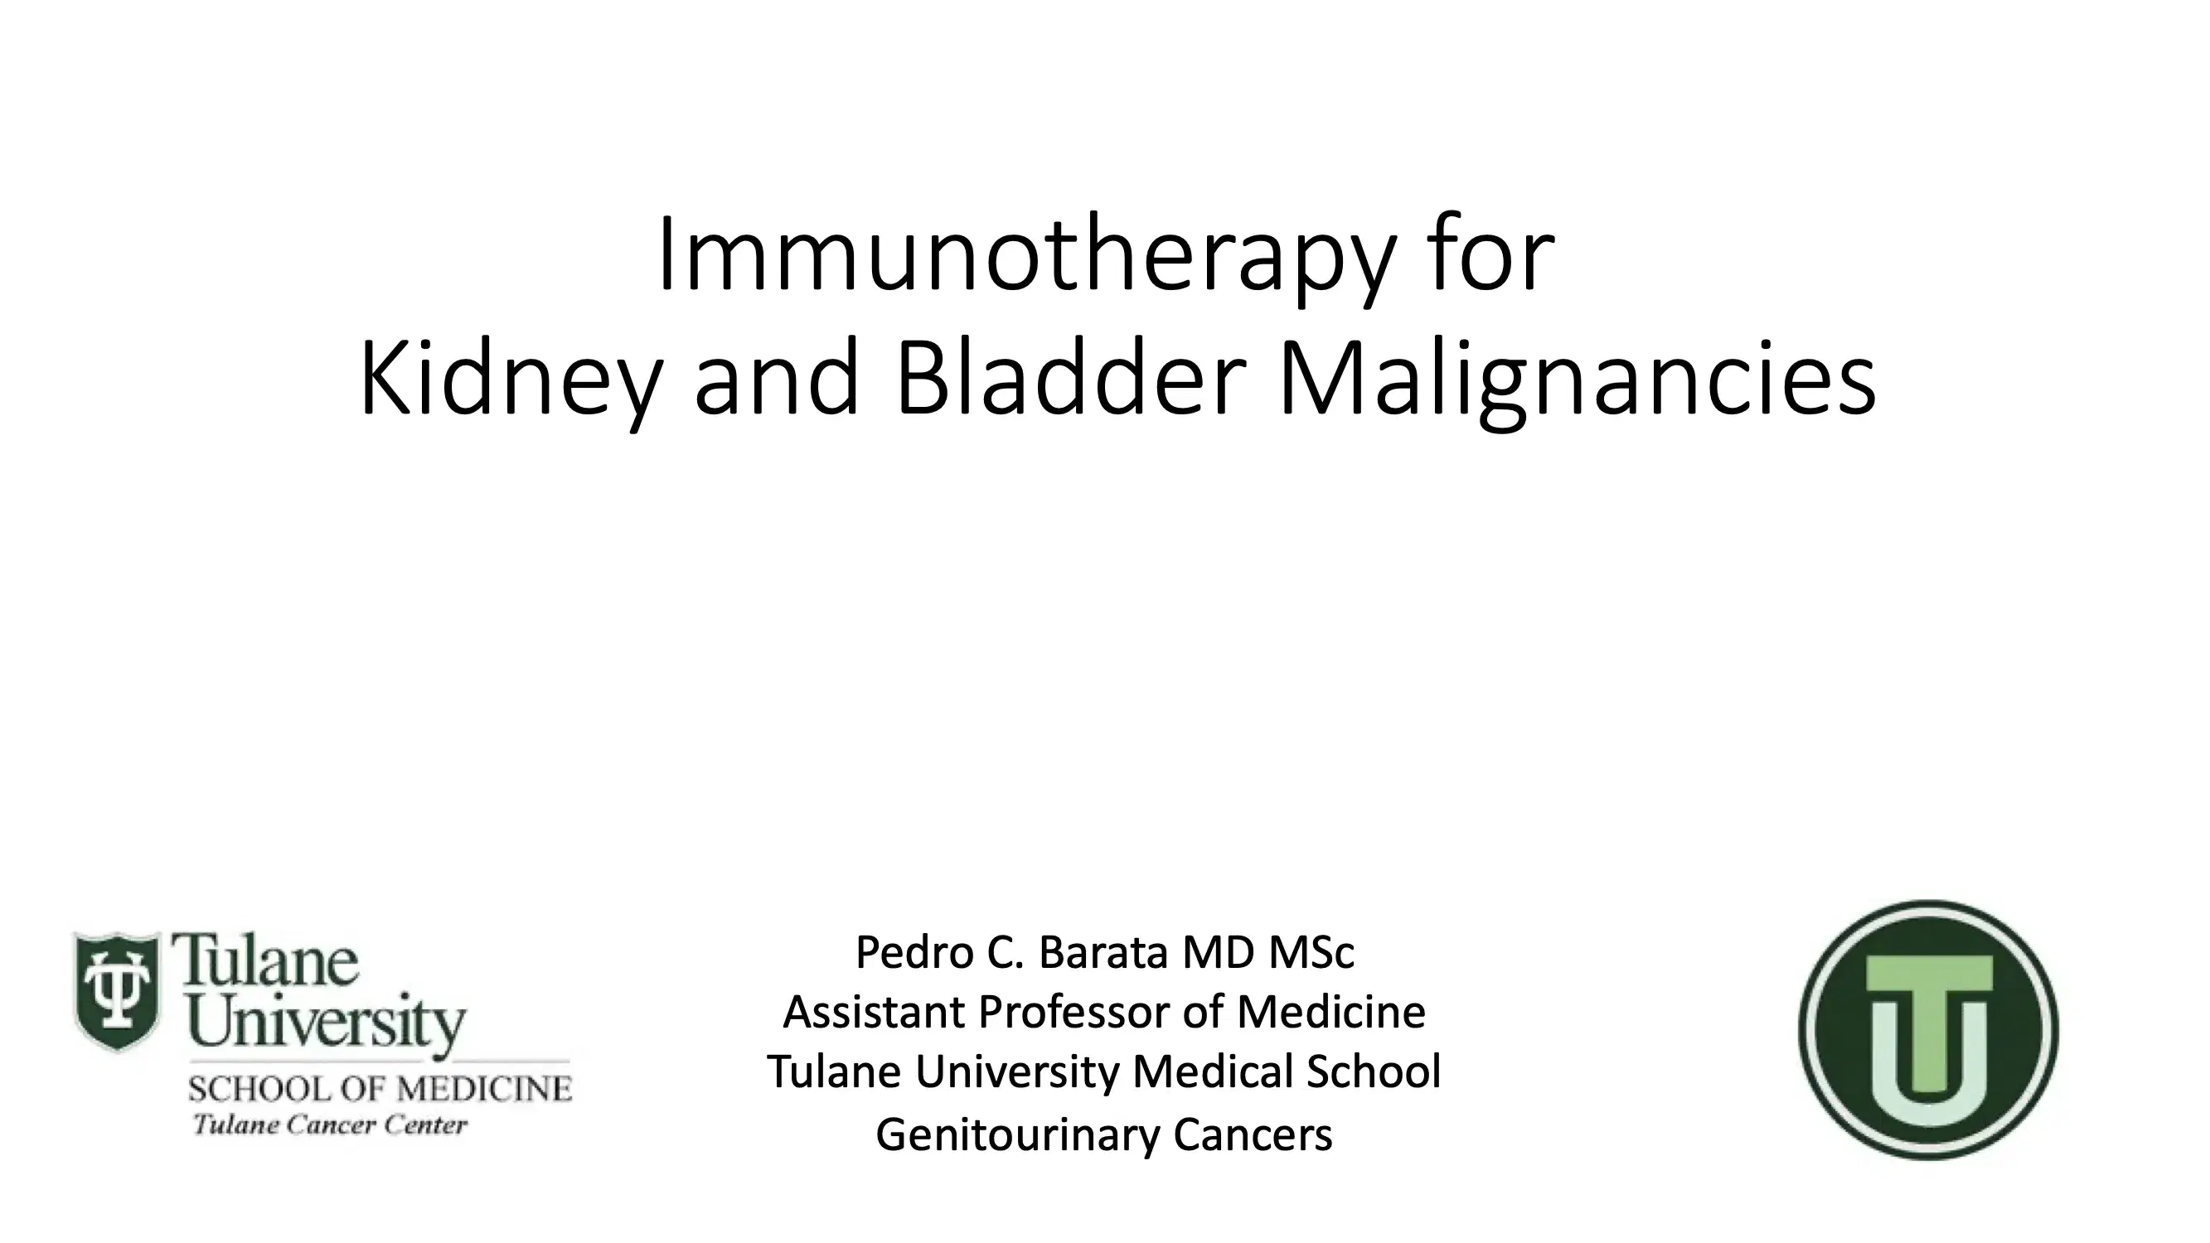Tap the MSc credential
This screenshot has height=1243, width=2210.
[1311, 952]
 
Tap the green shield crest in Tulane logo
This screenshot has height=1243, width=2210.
[117, 991]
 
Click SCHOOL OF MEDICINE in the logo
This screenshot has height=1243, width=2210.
[379, 1090]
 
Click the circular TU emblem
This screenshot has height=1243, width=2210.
[1928, 1030]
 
